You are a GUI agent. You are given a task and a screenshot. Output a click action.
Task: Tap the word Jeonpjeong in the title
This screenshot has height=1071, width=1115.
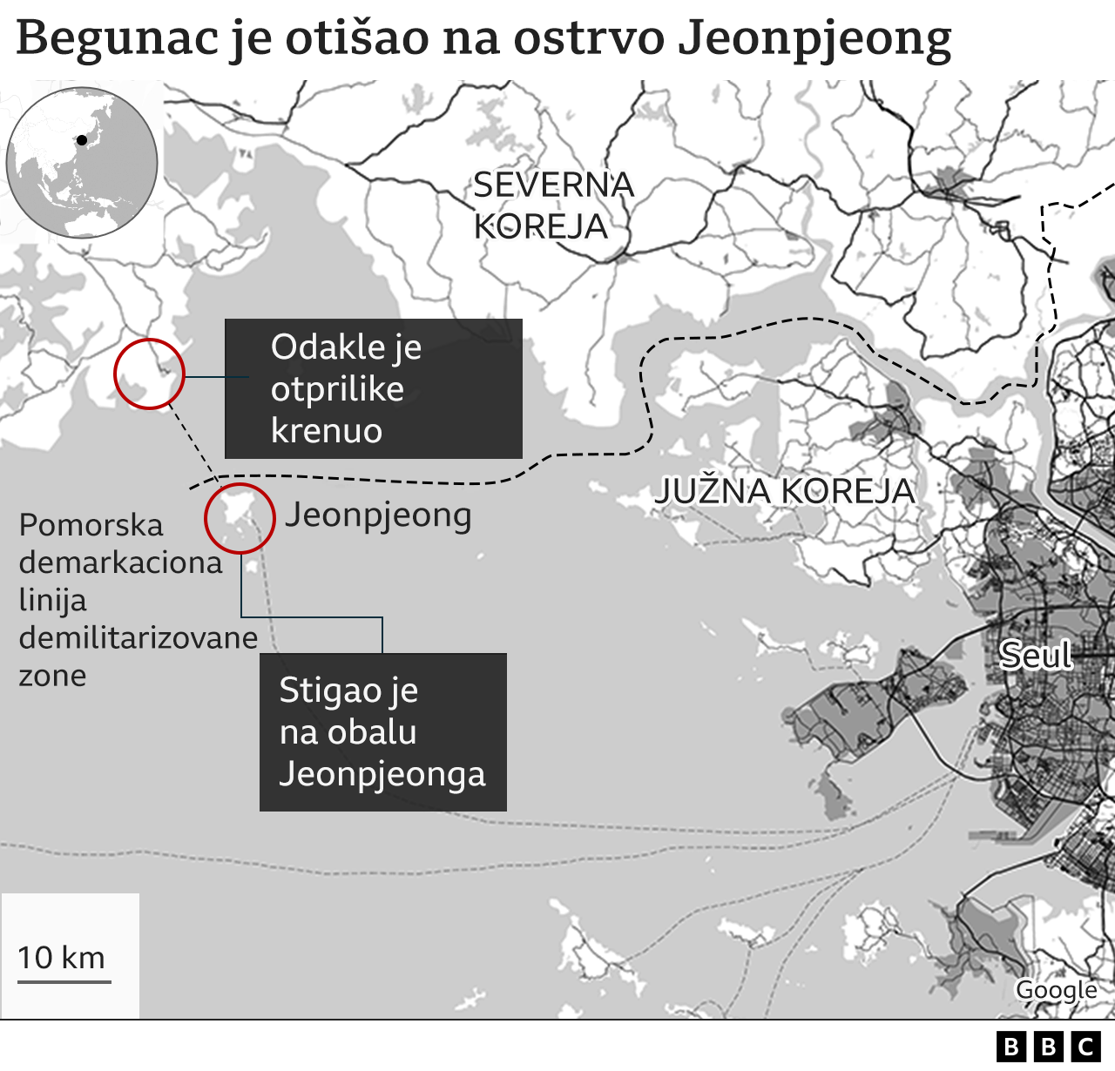814,39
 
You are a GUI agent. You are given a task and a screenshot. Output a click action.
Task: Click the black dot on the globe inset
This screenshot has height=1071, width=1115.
82,139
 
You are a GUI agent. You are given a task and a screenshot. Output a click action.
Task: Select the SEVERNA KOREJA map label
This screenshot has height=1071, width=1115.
553,205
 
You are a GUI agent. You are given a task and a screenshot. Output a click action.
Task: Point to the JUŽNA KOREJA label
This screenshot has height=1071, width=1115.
784,491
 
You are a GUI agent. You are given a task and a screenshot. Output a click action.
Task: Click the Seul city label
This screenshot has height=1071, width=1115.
1035,655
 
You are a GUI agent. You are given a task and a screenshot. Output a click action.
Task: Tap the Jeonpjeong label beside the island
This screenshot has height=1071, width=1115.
378,515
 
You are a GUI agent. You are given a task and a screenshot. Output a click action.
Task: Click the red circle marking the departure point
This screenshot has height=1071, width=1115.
149,374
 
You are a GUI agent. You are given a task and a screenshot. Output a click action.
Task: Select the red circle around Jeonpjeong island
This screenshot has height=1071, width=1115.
240,518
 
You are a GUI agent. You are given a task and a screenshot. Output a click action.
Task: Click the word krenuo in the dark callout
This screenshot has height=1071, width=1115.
327,431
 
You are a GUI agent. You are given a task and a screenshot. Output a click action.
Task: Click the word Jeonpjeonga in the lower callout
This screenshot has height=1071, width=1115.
382,774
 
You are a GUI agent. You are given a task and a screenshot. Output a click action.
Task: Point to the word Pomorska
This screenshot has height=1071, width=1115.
91,525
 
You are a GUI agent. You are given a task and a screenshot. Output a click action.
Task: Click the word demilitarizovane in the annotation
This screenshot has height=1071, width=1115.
139,637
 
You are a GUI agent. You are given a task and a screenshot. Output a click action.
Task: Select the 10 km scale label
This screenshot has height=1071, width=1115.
62,957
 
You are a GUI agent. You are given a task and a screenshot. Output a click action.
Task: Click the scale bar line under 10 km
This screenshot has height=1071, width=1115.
64,981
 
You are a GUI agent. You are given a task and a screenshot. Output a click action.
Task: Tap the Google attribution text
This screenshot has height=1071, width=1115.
1056,990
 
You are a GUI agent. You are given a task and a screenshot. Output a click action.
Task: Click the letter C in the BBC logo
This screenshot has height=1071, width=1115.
1085,1046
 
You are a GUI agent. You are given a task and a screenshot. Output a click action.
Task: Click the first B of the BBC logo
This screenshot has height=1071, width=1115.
1011,1046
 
